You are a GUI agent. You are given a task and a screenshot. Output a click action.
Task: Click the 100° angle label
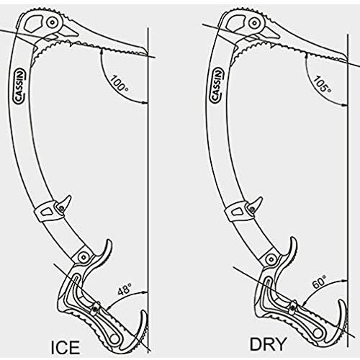[x=120, y=84]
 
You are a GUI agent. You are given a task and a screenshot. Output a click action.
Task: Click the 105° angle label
[x=322, y=84]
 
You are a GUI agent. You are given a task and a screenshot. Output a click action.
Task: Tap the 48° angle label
[x=125, y=289]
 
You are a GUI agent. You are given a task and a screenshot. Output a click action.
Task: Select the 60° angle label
[x=320, y=282]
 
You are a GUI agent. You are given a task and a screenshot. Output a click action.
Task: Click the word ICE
[x=66, y=347]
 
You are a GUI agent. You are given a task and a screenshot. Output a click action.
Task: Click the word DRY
[x=269, y=344]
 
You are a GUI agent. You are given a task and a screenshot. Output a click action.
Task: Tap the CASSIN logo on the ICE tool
[x=20, y=86]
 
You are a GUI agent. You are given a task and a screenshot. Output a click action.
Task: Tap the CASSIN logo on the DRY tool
[x=217, y=86]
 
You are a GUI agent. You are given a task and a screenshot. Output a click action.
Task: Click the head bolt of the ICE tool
[x=53, y=23]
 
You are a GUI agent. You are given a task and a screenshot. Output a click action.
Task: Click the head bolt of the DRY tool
[x=254, y=22]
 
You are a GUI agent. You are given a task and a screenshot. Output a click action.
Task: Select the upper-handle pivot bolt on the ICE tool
[x=84, y=257]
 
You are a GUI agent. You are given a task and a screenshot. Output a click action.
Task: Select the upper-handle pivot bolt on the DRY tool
[x=271, y=259]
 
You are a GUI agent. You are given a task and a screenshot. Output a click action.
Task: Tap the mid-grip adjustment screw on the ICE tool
[x=95, y=310]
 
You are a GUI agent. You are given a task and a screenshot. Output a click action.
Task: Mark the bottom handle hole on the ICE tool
[x=114, y=339]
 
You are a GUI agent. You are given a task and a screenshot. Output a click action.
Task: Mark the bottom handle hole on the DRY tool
[x=318, y=334]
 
